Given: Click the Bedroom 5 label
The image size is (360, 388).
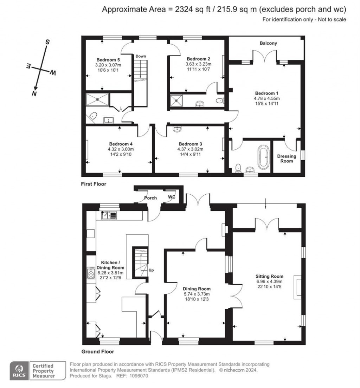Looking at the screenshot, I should pyautogui.click(x=108, y=59).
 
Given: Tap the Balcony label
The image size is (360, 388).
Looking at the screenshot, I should pyautogui.click(x=268, y=43).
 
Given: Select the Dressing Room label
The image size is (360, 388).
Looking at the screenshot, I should pyautogui.click(x=287, y=159).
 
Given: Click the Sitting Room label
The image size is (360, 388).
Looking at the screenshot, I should pyautogui.click(x=269, y=276).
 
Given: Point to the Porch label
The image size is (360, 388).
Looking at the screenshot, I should pyautogui.click(x=150, y=198).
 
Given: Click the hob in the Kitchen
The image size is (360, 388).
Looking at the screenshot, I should pyautogui.click(x=91, y=273).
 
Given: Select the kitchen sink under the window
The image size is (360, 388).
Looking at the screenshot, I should pyautogui.click(x=109, y=215).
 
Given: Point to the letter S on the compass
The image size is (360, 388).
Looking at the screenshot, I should pyautogui.click(x=47, y=42).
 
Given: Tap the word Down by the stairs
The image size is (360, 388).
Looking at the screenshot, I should pyautogui.click(x=141, y=56).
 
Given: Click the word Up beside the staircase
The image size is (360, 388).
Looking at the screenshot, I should pyautogui.click(x=152, y=270).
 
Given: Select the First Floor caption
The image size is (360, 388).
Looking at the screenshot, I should pyautogui.click(x=94, y=184).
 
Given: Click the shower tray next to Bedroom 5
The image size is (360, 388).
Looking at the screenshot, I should pyautogui.click(x=97, y=101).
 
